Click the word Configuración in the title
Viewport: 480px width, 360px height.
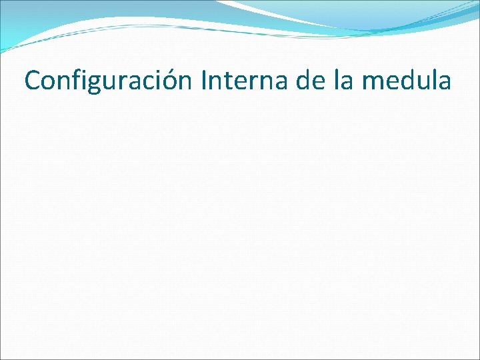tap(108, 81)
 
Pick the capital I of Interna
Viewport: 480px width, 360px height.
tap(202, 81)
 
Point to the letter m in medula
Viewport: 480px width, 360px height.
tap(372, 83)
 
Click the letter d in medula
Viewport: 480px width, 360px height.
tap(407, 81)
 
